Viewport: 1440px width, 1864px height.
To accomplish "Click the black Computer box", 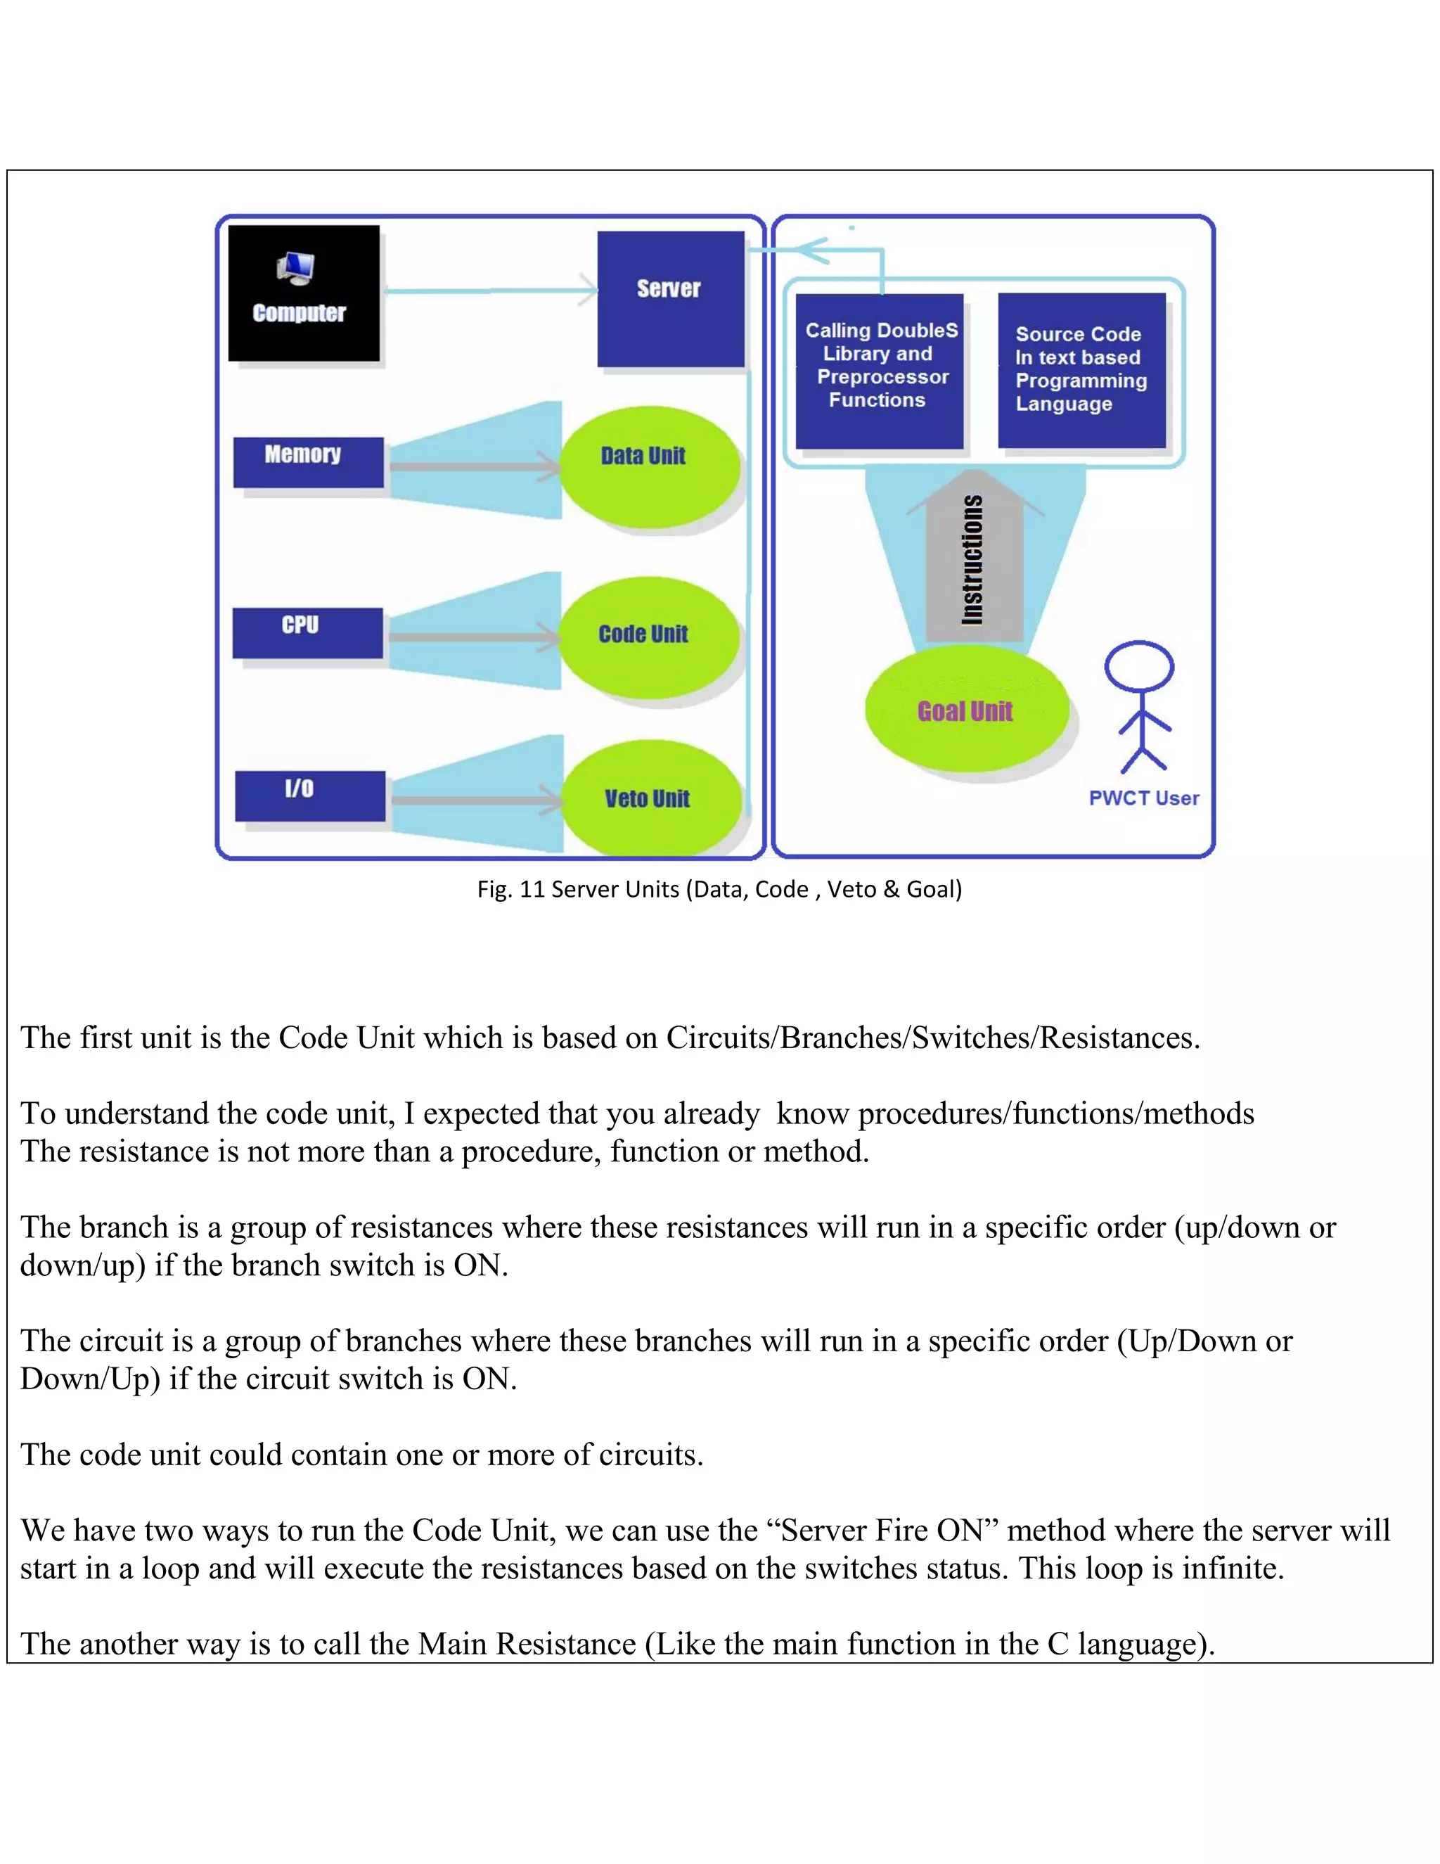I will pos(304,293).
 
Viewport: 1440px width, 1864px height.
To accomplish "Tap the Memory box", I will pos(308,461).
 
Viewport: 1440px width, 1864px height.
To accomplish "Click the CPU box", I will pos(307,632).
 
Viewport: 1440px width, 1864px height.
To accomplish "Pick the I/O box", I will pos(309,796).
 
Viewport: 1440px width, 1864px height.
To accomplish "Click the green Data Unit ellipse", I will pos(648,465).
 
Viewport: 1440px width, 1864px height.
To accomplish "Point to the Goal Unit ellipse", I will pos(965,710).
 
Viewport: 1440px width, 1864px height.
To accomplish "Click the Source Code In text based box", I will pos(1081,369).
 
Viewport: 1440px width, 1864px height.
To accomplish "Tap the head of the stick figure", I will pos(1139,665).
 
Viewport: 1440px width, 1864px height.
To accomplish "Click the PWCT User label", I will pos(1143,798).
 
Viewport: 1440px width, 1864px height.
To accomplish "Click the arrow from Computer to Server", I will pos(491,291).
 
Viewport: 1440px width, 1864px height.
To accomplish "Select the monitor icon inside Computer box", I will pos(297,269).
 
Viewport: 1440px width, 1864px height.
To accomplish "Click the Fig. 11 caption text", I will pos(719,889).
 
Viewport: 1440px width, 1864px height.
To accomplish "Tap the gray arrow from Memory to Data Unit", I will pos(473,466).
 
